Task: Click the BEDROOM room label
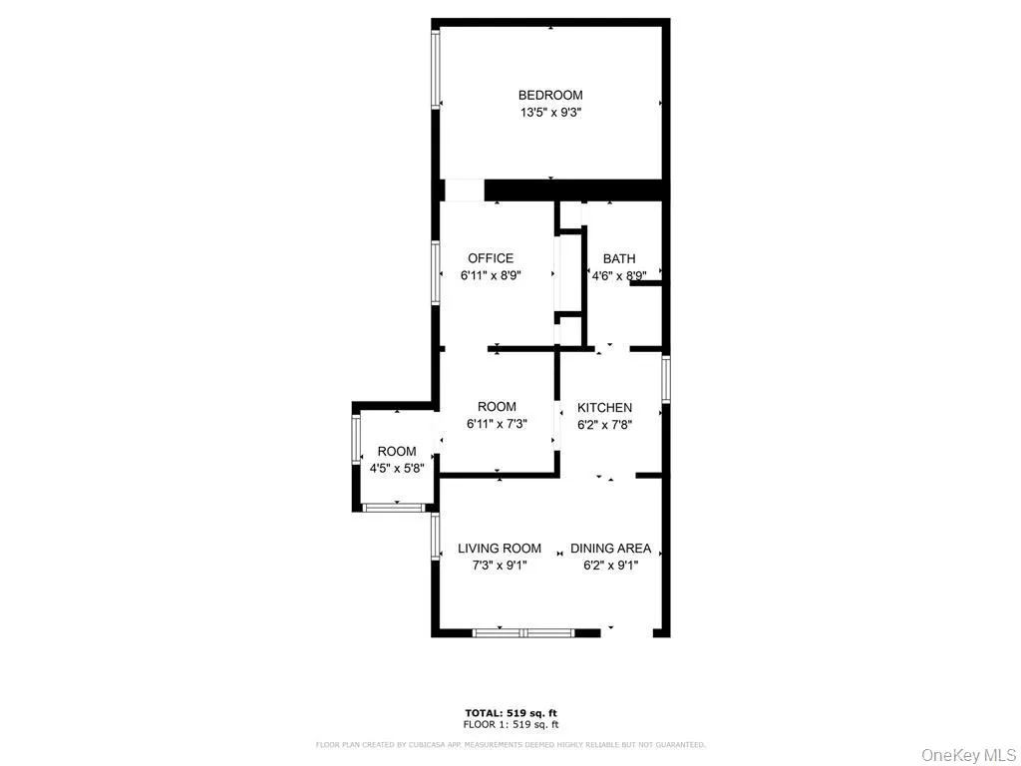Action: point(549,96)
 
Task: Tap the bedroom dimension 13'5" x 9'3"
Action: point(549,114)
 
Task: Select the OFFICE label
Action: point(491,258)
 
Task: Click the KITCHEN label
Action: point(605,407)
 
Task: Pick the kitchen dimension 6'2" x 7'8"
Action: point(605,424)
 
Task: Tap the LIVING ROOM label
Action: point(500,548)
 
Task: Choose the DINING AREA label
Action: point(610,548)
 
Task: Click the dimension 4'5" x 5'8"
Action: point(397,469)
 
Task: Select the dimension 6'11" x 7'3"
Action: point(497,424)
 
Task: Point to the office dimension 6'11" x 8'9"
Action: point(491,275)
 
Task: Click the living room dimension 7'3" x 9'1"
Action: point(500,566)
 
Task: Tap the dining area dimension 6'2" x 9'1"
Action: point(610,566)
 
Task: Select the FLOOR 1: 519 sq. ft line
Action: point(510,725)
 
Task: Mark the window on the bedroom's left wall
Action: point(436,69)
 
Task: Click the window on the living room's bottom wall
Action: point(522,631)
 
